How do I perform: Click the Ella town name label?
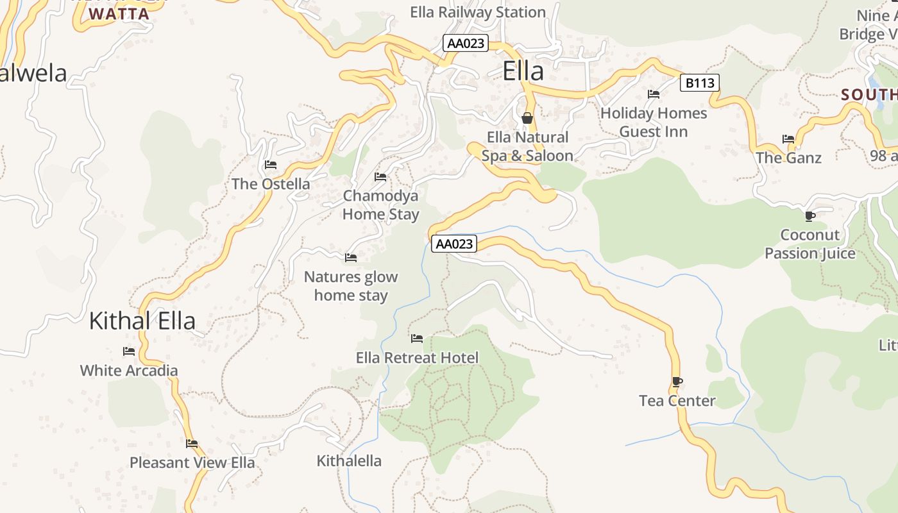coord(523,71)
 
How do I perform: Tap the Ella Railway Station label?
coord(478,12)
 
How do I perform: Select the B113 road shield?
coord(699,83)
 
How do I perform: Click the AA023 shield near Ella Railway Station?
coord(466,44)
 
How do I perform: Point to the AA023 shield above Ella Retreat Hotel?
coord(454,244)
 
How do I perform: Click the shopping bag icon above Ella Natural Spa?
coord(527,118)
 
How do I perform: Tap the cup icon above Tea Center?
coord(677,382)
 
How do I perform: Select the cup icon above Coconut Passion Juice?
coord(810,216)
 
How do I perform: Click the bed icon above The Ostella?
coord(271,165)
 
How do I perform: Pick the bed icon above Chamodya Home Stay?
coord(380,177)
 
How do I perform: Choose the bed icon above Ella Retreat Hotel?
coord(417,339)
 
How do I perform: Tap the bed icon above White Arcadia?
coord(129,351)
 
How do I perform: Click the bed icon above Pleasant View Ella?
coord(192,444)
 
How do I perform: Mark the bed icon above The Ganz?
coord(788,139)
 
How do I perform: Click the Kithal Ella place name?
coord(142,321)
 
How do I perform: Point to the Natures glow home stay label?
coord(351,286)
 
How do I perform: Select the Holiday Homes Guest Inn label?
coord(654,122)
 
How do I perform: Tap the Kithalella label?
coord(349,460)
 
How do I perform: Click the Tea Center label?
coord(677,401)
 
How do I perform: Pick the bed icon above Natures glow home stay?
coord(351,258)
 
